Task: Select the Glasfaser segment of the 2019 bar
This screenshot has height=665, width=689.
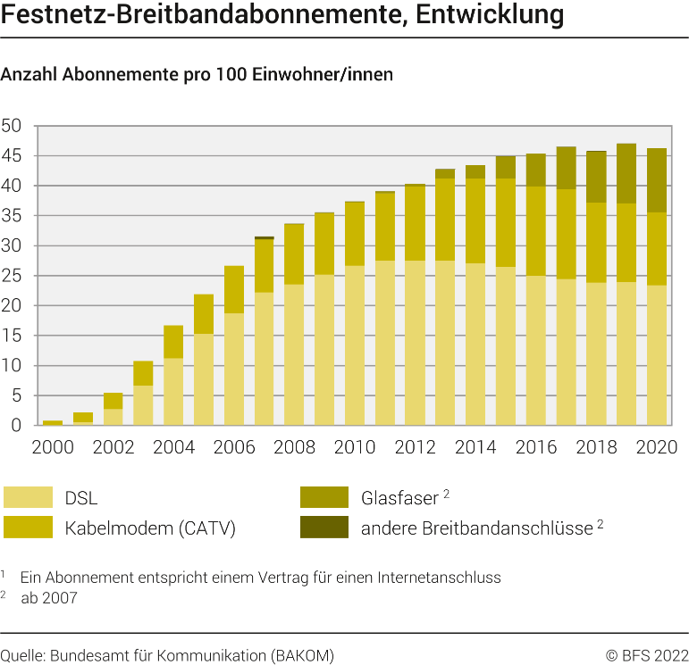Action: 626,173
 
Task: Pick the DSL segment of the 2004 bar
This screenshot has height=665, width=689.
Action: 173,392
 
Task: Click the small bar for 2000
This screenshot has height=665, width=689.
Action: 53,422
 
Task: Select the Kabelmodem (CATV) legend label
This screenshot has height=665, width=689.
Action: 150,528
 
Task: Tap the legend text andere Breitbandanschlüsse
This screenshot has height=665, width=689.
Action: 476,528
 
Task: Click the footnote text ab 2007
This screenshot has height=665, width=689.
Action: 49,598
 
